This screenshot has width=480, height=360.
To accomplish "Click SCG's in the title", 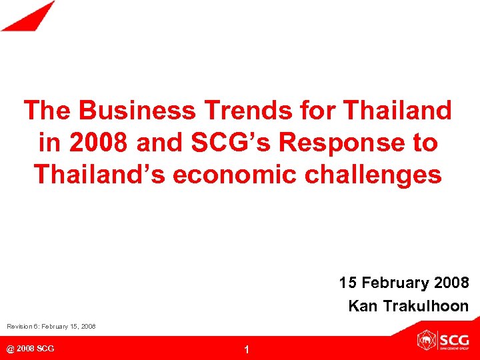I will tap(211, 142).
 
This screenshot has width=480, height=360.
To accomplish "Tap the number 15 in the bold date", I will tap(347, 283).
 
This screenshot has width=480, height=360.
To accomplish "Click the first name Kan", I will tap(361, 306).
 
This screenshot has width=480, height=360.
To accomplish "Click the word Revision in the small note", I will tap(21, 327).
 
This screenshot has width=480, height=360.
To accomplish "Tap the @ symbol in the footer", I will tap(10, 349).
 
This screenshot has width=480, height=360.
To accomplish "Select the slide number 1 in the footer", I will tap(246, 350).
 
